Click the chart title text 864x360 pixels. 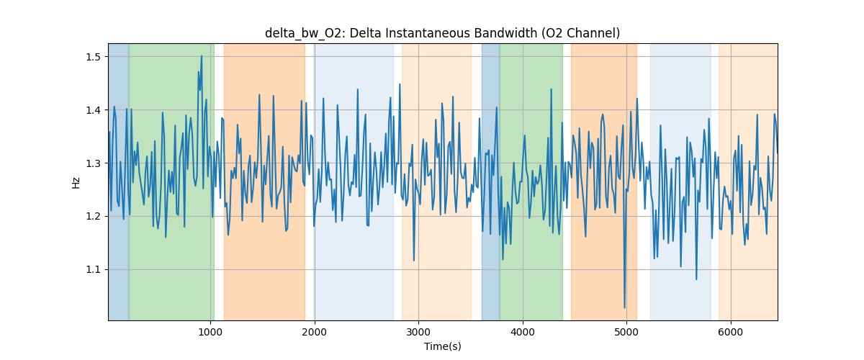(x=442, y=33)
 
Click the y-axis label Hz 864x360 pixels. (x=76, y=182)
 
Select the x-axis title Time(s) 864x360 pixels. (x=442, y=346)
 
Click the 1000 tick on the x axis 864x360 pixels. (x=210, y=332)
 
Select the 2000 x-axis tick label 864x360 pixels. (x=314, y=332)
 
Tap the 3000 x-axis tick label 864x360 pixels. (x=418, y=332)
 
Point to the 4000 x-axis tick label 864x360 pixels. (x=523, y=332)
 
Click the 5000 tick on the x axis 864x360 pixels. (x=626, y=332)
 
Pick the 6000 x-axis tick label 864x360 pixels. (x=731, y=332)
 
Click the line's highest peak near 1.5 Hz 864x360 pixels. (x=202, y=55)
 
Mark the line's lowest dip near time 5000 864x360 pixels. (x=624, y=307)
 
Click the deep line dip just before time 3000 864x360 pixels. (x=414, y=261)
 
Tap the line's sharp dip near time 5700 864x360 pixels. (x=696, y=279)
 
